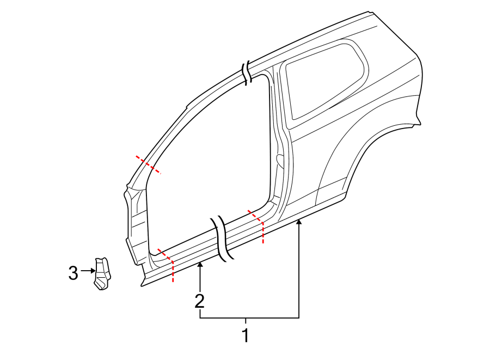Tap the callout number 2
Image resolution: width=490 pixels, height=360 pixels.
[x=200, y=300]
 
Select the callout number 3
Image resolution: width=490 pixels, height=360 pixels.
[x=73, y=273]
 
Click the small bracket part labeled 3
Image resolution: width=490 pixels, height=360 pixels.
[x=102, y=273]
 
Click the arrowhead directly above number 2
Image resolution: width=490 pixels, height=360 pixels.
[x=200, y=265]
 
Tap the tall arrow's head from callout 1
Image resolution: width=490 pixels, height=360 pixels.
[x=298, y=221]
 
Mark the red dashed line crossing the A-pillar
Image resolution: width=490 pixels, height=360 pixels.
[x=149, y=164]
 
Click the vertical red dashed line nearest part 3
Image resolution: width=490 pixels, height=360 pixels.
[x=173, y=271]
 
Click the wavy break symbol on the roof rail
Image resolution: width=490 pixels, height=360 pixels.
[x=248, y=73]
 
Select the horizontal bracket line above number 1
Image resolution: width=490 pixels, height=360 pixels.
[x=249, y=318]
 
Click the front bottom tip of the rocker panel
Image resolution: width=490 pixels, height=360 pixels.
[x=142, y=284]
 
